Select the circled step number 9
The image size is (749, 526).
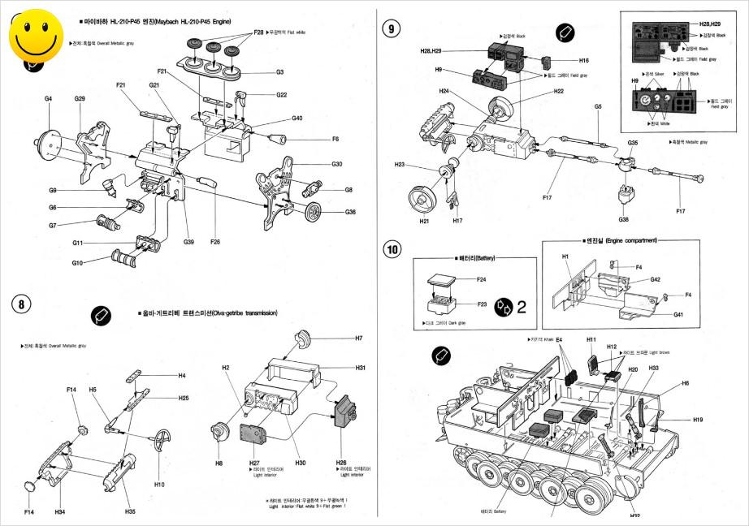click(392, 28)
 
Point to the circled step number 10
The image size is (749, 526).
click(393, 248)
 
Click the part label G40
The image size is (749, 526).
click(297, 119)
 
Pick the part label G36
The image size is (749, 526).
click(350, 212)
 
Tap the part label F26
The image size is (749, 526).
click(215, 241)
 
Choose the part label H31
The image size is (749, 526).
click(360, 368)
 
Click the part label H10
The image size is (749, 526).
click(159, 485)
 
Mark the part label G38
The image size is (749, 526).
click(624, 219)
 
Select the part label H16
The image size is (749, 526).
click(584, 61)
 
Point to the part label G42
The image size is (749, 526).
click(655, 279)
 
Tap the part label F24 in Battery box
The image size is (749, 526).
click(481, 280)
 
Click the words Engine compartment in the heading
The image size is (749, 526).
click(624, 241)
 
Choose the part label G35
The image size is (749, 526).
click(633, 142)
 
